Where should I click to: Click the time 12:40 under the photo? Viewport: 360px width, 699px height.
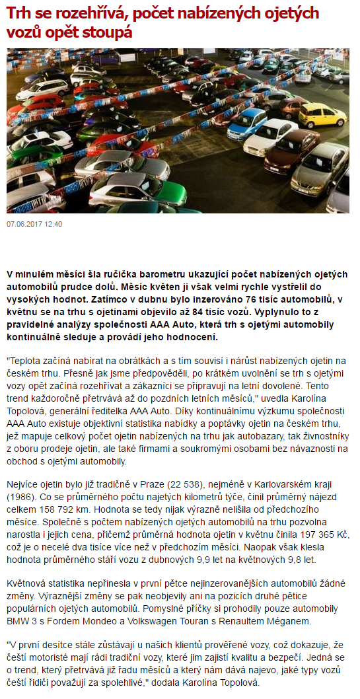[54, 224]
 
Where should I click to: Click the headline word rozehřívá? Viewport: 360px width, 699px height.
[81, 13]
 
